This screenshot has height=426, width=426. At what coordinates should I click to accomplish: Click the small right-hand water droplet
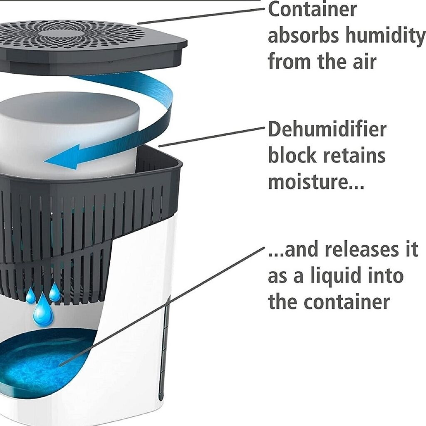tap(54, 293)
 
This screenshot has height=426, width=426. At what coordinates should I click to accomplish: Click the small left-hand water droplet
tap(30, 296)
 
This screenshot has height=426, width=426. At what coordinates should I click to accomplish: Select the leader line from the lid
tap(200, 15)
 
